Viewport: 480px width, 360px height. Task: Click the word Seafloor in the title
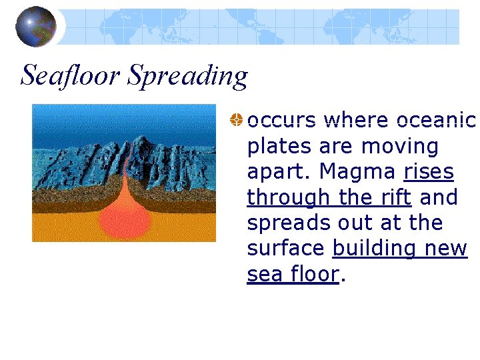[x=70, y=76]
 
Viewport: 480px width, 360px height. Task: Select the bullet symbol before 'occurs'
[x=236, y=121]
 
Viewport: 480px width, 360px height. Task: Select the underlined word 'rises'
[x=429, y=172]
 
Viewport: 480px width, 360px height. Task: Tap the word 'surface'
[x=286, y=248]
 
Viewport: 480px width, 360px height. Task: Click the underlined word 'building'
[x=375, y=248]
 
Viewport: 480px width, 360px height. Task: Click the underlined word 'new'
[x=447, y=248]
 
